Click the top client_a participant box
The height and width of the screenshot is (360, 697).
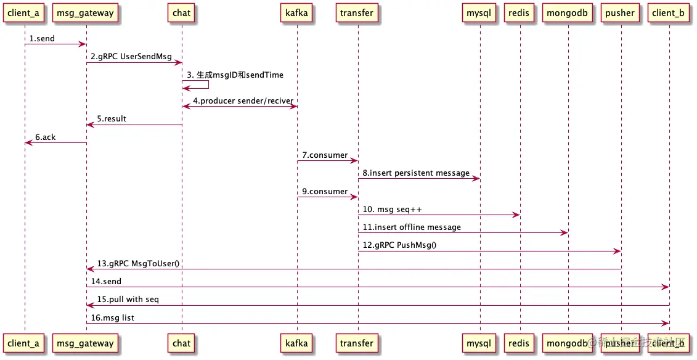click(24, 13)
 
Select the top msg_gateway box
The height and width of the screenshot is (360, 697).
click(86, 13)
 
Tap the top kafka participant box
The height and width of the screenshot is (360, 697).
click(297, 13)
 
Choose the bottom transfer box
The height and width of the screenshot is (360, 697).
click(357, 343)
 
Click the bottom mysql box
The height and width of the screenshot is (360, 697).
click(479, 343)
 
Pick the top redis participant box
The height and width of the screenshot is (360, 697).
click(519, 13)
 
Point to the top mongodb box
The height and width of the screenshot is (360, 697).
click(568, 13)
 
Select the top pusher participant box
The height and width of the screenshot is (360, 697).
click(621, 13)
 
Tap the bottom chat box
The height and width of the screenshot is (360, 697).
click(182, 343)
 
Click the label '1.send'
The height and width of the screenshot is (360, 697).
click(42, 38)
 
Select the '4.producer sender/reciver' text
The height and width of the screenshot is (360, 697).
click(243, 100)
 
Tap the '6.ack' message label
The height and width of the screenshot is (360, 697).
click(45, 137)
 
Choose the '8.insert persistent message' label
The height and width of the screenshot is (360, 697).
click(416, 173)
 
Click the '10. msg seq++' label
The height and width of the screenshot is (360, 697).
click(392, 210)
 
